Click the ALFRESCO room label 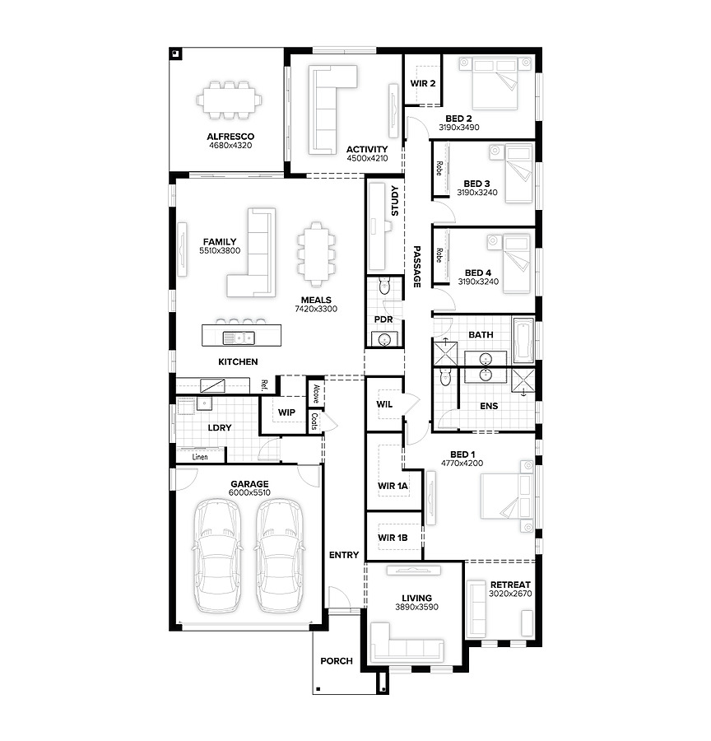[230, 137]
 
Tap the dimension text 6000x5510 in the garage [249, 492]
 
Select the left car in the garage [217, 557]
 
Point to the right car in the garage [280, 557]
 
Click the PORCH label [337, 660]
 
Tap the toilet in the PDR [384, 286]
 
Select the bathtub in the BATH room [523, 341]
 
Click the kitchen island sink [239, 338]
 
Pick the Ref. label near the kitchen [264, 385]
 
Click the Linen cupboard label [200, 457]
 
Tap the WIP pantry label [286, 412]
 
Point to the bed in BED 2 [495, 83]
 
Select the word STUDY [395, 200]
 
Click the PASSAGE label [416, 266]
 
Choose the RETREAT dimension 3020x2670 [510, 594]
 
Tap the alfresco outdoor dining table [230, 100]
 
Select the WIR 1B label [393, 538]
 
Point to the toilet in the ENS [445, 377]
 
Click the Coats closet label [314, 421]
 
